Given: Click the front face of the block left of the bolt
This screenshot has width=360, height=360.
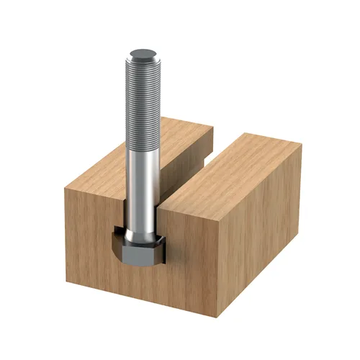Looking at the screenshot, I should click(90, 245).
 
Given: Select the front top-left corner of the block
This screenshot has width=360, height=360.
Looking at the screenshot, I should click(64, 189).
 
